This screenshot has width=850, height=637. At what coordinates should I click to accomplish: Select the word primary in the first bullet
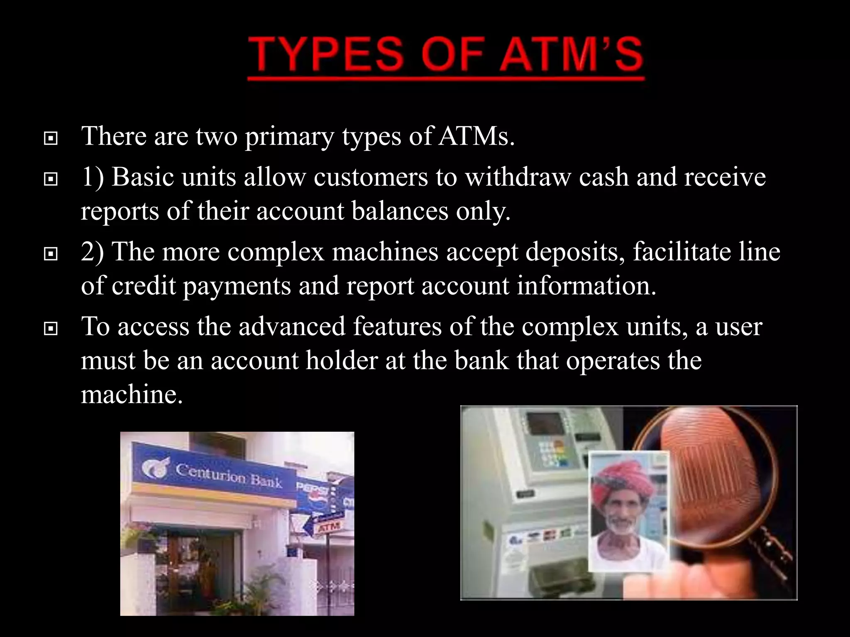pos(289,137)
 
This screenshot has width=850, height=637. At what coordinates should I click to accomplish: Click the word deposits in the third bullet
pos(575,252)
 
